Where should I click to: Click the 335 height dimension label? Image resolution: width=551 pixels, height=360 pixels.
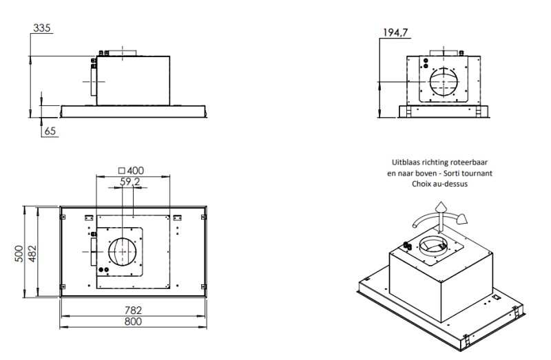(x=43, y=28)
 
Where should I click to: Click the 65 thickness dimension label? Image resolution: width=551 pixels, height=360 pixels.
(x=50, y=131)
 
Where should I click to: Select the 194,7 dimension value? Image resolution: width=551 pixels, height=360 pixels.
(x=394, y=32)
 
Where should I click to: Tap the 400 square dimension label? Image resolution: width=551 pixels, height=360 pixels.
(x=136, y=169)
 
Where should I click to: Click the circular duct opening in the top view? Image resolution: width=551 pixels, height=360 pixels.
(x=123, y=253)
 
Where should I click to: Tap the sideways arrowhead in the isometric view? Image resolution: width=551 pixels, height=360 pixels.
(x=464, y=219)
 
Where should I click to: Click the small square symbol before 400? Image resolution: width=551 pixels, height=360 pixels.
(x=121, y=169)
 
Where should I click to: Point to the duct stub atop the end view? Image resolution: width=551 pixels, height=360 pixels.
(x=444, y=53)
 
